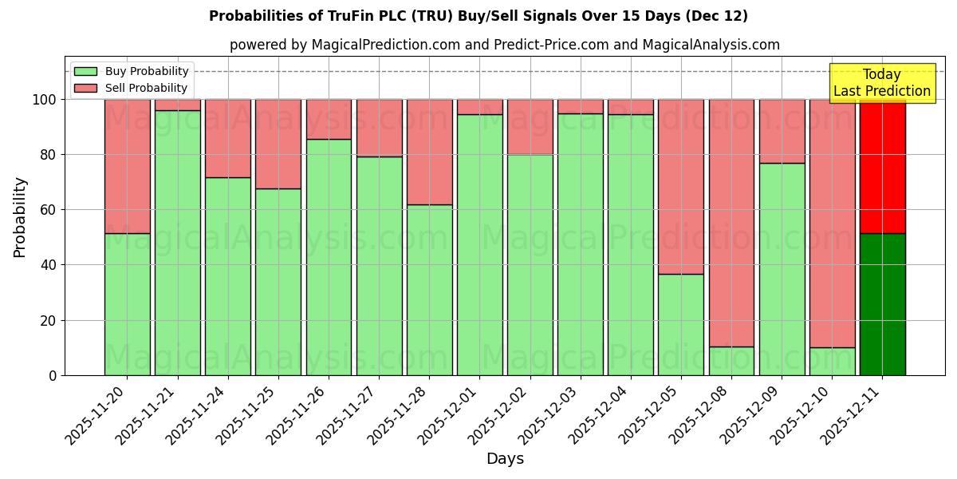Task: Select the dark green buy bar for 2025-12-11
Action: click(x=882, y=304)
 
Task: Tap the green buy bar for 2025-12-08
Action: click(x=731, y=361)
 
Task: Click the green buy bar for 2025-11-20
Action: click(x=128, y=304)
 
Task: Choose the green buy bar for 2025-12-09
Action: click(x=782, y=269)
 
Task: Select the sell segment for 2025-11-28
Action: click(x=429, y=152)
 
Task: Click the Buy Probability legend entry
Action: click(x=131, y=71)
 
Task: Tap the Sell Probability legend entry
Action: click(x=131, y=88)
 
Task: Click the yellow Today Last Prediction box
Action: click(x=881, y=83)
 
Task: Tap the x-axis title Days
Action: click(x=505, y=459)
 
